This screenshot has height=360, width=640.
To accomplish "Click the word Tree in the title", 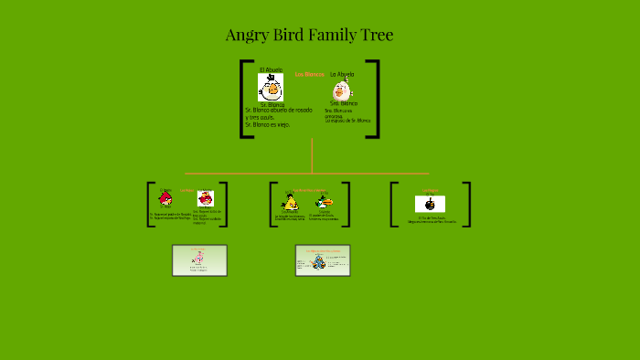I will pos(374,36).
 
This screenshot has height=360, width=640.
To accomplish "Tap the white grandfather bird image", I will pos(271,88).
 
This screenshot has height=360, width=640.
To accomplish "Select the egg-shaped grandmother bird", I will pos(342,90).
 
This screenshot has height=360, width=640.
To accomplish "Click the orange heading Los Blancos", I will pos(309,73).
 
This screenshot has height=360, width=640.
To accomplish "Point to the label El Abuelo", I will pos(271,70).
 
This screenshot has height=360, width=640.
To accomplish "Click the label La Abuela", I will pos(342,74).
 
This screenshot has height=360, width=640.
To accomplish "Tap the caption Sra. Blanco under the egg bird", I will pos(343,104).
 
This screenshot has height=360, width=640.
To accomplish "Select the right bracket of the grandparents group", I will pos(374,99).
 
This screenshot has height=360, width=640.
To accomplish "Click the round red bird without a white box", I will pos(165,198).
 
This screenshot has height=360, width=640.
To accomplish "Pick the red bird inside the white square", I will pos(206,198).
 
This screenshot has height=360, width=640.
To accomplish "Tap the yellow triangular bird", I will pos(289,203).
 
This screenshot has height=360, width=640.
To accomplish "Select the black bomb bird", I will pos(430,204).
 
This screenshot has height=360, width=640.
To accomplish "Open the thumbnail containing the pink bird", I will pos(199,260).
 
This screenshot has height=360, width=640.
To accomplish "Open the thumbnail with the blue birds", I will pos(322,260).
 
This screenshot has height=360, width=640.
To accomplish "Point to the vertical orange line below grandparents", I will pos(312,155).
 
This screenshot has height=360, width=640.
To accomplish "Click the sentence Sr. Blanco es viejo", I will pos(267,124).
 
